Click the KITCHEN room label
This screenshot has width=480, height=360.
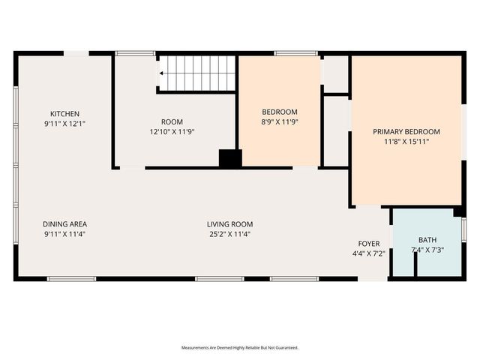click(x=64, y=113)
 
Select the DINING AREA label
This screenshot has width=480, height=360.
click(x=64, y=223)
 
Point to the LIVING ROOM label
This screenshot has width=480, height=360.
click(x=229, y=223)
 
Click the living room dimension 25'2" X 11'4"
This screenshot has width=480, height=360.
click(x=229, y=233)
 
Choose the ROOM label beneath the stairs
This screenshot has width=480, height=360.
click(x=172, y=121)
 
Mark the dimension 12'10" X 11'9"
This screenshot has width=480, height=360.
click(x=172, y=131)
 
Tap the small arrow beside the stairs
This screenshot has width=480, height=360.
click(x=160, y=73)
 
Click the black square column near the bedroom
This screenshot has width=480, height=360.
click(x=230, y=158)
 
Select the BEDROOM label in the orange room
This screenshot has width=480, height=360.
click(x=279, y=112)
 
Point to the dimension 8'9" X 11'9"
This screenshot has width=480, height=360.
click(x=279, y=121)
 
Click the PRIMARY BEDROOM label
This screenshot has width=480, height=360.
click(x=406, y=131)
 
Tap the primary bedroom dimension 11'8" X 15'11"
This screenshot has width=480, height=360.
click(x=406, y=141)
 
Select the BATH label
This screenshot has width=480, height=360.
click(x=427, y=239)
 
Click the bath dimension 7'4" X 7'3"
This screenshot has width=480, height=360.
click(x=427, y=249)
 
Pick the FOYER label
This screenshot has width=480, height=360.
click(x=368, y=244)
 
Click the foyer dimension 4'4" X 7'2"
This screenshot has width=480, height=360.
click(x=368, y=253)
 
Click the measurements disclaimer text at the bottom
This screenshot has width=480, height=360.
click(x=239, y=348)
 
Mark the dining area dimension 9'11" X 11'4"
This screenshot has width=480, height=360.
click(x=64, y=233)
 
